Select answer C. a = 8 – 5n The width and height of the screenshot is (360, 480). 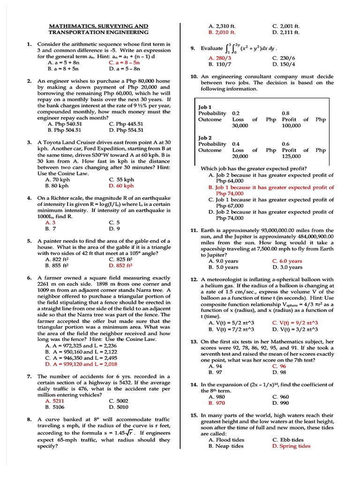pos(124,62)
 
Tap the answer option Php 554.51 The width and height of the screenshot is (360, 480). pos(126,130)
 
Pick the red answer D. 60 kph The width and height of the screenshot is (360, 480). pos(121,186)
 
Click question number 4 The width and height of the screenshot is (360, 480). pos(29,198)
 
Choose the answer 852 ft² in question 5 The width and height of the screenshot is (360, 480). pos(120,265)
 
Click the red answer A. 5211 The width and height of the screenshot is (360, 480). pos(54,401)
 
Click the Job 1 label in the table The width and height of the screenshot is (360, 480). pos(205,107)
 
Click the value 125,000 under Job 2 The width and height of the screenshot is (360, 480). pos(291,156)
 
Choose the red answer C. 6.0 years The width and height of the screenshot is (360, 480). pos(287,261)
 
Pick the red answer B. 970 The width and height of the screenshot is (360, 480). pos(217,403)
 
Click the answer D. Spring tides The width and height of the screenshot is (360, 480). pos(291,446)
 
